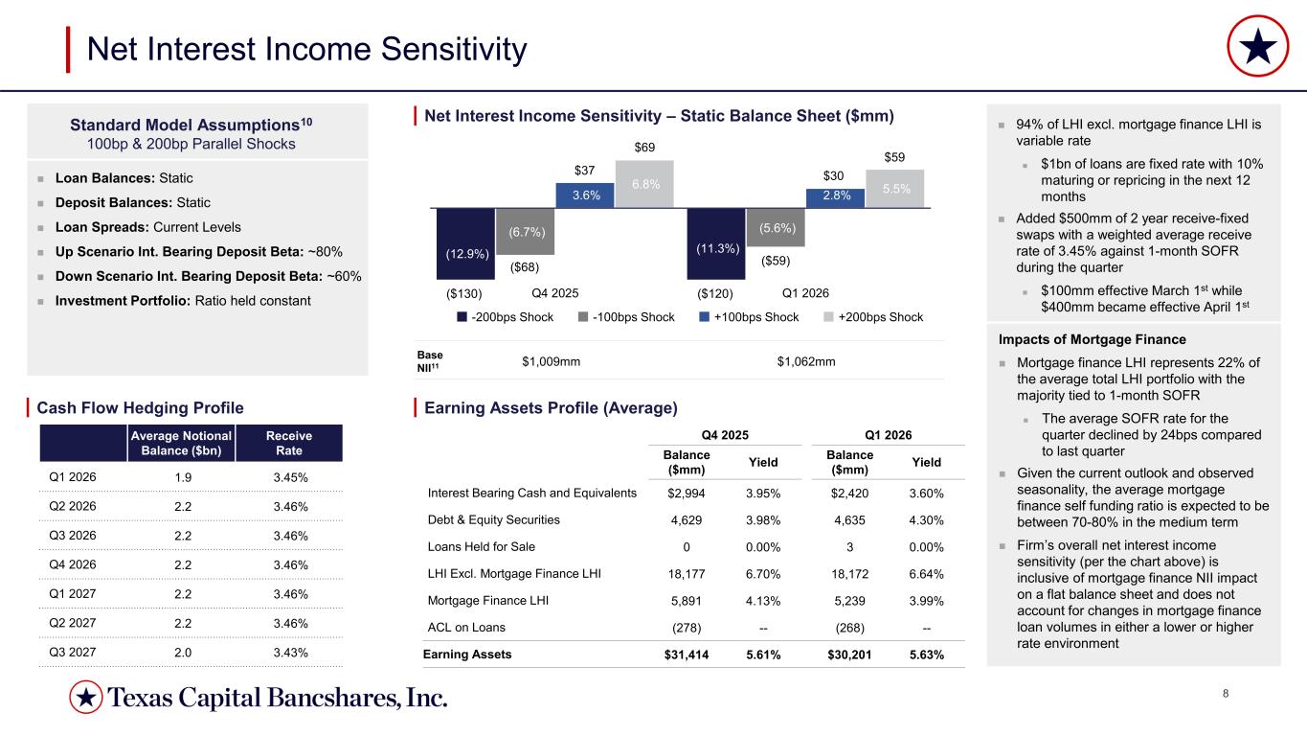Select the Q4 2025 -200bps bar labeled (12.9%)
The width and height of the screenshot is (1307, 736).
464,245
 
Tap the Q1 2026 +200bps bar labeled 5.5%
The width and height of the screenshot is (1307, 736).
895,189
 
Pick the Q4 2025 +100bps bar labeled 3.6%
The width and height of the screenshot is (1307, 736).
585,195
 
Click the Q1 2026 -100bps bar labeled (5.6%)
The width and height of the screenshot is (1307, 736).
776,227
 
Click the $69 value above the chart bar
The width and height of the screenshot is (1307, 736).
645,148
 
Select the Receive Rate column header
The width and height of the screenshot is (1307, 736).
288,443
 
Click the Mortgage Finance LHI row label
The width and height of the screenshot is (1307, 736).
480,601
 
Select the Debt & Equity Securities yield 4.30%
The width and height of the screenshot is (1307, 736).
925,519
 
